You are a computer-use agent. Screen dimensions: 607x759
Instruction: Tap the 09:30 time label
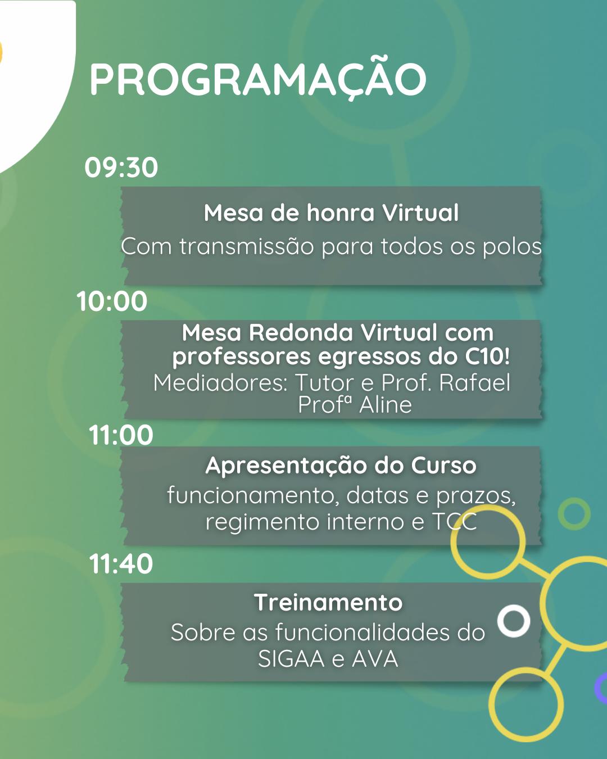tap(121, 167)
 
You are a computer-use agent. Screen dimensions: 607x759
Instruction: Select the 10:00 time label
tap(112, 301)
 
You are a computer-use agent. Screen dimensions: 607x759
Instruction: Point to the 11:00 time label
tap(121, 435)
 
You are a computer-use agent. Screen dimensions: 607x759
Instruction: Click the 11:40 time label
tap(121, 563)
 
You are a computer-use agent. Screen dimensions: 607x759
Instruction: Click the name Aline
tap(385, 405)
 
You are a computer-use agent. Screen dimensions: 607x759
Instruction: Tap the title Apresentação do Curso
tap(341, 466)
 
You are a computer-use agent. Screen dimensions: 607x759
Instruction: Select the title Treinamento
tap(328, 602)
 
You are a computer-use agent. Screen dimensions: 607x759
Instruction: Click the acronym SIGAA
tap(291, 658)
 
